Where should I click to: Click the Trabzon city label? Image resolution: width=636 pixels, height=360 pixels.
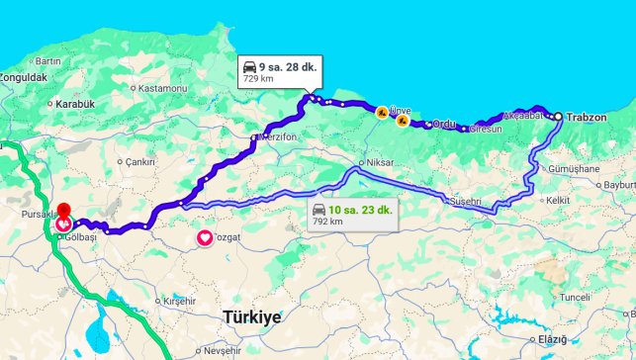(587, 117)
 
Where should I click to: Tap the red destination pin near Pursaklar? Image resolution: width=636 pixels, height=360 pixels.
(63, 211)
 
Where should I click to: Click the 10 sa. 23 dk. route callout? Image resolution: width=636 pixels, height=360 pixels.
(351, 214)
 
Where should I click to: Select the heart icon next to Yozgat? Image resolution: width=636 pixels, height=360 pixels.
(205, 237)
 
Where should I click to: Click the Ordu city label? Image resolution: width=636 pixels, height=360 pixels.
(442, 124)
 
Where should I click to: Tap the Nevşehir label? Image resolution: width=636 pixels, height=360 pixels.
(222, 350)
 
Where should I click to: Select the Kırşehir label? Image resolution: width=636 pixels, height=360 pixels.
(179, 300)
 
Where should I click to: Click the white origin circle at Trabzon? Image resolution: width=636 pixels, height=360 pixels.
(558, 117)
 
